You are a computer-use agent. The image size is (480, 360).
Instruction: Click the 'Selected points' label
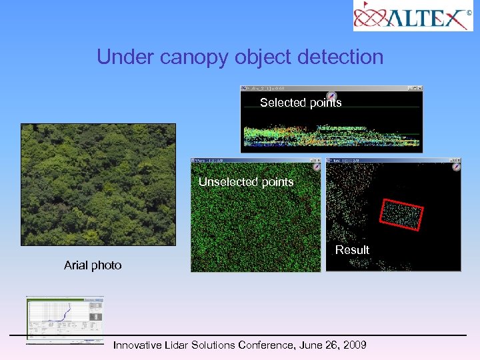pyautogui.click(x=300, y=103)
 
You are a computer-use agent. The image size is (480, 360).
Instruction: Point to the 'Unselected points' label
pyautogui.click(x=246, y=182)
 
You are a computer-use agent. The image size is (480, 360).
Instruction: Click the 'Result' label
pyautogui.click(x=352, y=250)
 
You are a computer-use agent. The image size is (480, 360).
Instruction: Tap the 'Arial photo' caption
pyautogui.click(x=93, y=265)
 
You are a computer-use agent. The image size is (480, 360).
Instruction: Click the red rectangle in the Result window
pyautogui.click(x=401, y=215)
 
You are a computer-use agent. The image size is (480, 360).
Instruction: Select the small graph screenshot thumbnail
pyautogui.click(x=65, y=319)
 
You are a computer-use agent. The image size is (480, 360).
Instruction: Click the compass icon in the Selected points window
pyautogui.click(x=331, y=97)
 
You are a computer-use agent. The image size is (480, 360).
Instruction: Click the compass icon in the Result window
pyautogui.click(x=456, y=167)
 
